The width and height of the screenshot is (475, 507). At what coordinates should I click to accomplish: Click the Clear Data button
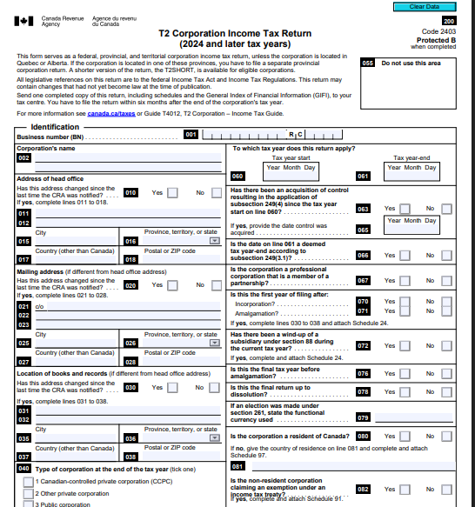pyautogui.click(x=424, y=7)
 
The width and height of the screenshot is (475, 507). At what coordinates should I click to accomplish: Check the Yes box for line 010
pyautogui.click(x=172, y=193)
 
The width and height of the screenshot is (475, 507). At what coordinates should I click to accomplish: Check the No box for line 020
pyautogui.click(x=216, y=286)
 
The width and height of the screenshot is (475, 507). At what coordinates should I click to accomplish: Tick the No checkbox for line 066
pyautogui.click(x=446, y=256)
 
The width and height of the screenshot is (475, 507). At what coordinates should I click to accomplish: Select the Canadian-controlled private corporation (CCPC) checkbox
pyautogui.click(x=29, y=482)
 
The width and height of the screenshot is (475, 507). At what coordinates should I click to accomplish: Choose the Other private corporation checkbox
pyautogui.click(x=29, y=494)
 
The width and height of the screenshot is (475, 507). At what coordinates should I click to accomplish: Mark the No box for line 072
pyautogui.click(x=446, y=346)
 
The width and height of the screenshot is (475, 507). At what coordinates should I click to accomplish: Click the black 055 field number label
pyautogui.click(x=368, y=63)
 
